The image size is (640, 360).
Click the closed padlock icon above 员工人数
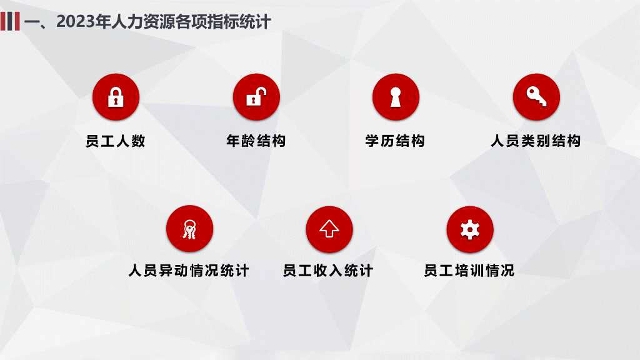[116, 97]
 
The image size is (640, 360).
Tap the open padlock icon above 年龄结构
[256, 97]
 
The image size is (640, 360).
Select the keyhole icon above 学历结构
[396, 97]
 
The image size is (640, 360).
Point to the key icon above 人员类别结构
[536, 97]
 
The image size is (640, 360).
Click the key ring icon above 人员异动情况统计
[190, 229]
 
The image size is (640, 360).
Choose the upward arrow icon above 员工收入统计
[329, 229]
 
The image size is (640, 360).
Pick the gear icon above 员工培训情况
[470, 229]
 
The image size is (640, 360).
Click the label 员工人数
[116, 141]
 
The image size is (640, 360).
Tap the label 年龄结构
[256, 141]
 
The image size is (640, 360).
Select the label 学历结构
[395, 141]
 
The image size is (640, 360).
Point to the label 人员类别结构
[536, 141]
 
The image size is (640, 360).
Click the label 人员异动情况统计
[189, 271]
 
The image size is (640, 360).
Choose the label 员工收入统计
[328, 271]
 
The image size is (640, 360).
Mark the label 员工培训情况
[469, 271]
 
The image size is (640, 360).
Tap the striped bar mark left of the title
[10, 21]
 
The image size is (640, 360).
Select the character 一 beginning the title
[32, 22]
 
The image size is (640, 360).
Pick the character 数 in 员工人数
[138, 141]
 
